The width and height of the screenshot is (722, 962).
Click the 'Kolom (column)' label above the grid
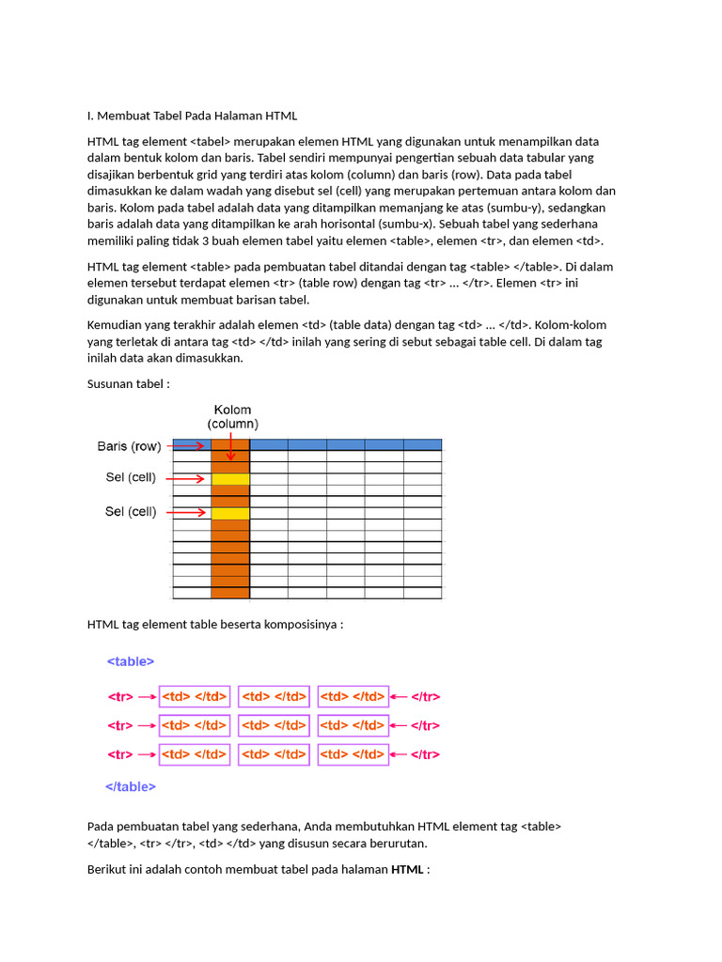coord(232,417)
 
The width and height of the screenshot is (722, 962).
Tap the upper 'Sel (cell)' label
coord(131,478)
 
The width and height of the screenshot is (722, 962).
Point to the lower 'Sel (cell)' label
coord(131,512)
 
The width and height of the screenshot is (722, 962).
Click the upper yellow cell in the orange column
coord(230,479)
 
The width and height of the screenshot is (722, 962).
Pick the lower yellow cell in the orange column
coord(230,513)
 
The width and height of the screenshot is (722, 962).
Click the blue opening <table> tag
coord(131,661)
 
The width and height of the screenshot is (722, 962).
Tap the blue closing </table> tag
coord(131,786)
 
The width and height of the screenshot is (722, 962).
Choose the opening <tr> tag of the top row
coord(119,697)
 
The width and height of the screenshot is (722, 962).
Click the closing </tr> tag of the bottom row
coord(426,754)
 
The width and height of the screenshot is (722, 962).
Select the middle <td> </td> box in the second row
coord(274,725)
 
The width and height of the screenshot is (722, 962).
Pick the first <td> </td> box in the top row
coord(195,697)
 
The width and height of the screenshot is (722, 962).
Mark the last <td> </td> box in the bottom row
coord(353,754)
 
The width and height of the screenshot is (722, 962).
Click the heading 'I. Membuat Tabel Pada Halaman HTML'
coord(192,116)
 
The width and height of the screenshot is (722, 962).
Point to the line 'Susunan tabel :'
coord(129,384)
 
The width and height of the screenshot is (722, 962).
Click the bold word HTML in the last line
coord(407,870)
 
